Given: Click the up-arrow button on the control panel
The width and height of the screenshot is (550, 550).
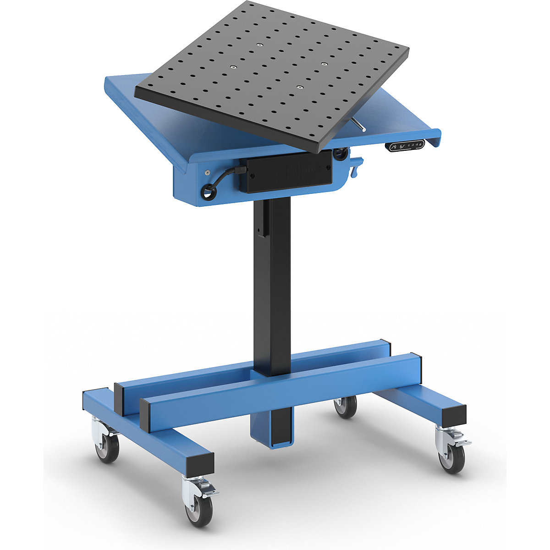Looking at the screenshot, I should [x=394, y=147].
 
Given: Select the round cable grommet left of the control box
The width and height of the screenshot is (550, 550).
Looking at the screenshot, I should [x=209, y=192].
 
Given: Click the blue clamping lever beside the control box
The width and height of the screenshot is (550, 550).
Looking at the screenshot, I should [x=356, y=166].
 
